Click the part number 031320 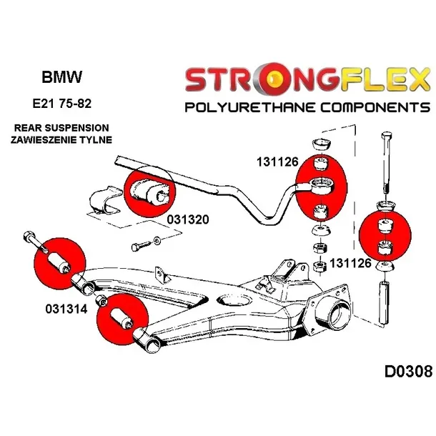[x=188, y=220]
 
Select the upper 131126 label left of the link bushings [x=277, y=162]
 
